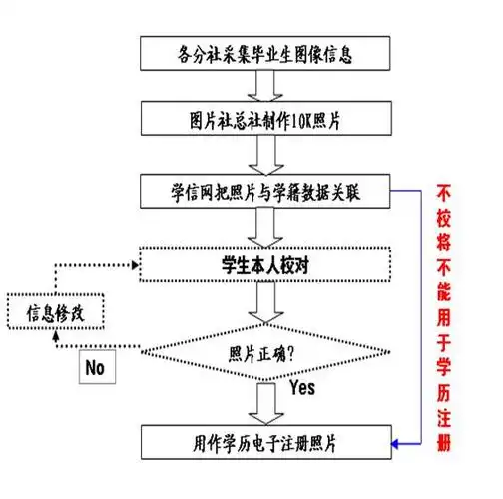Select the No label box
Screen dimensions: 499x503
(x=96, y=366)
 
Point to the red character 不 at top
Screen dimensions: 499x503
(x=445, y=190)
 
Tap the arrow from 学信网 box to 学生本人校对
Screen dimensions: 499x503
(x=265, y=229)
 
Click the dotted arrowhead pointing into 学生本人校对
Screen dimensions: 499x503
(x=131, y=266)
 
